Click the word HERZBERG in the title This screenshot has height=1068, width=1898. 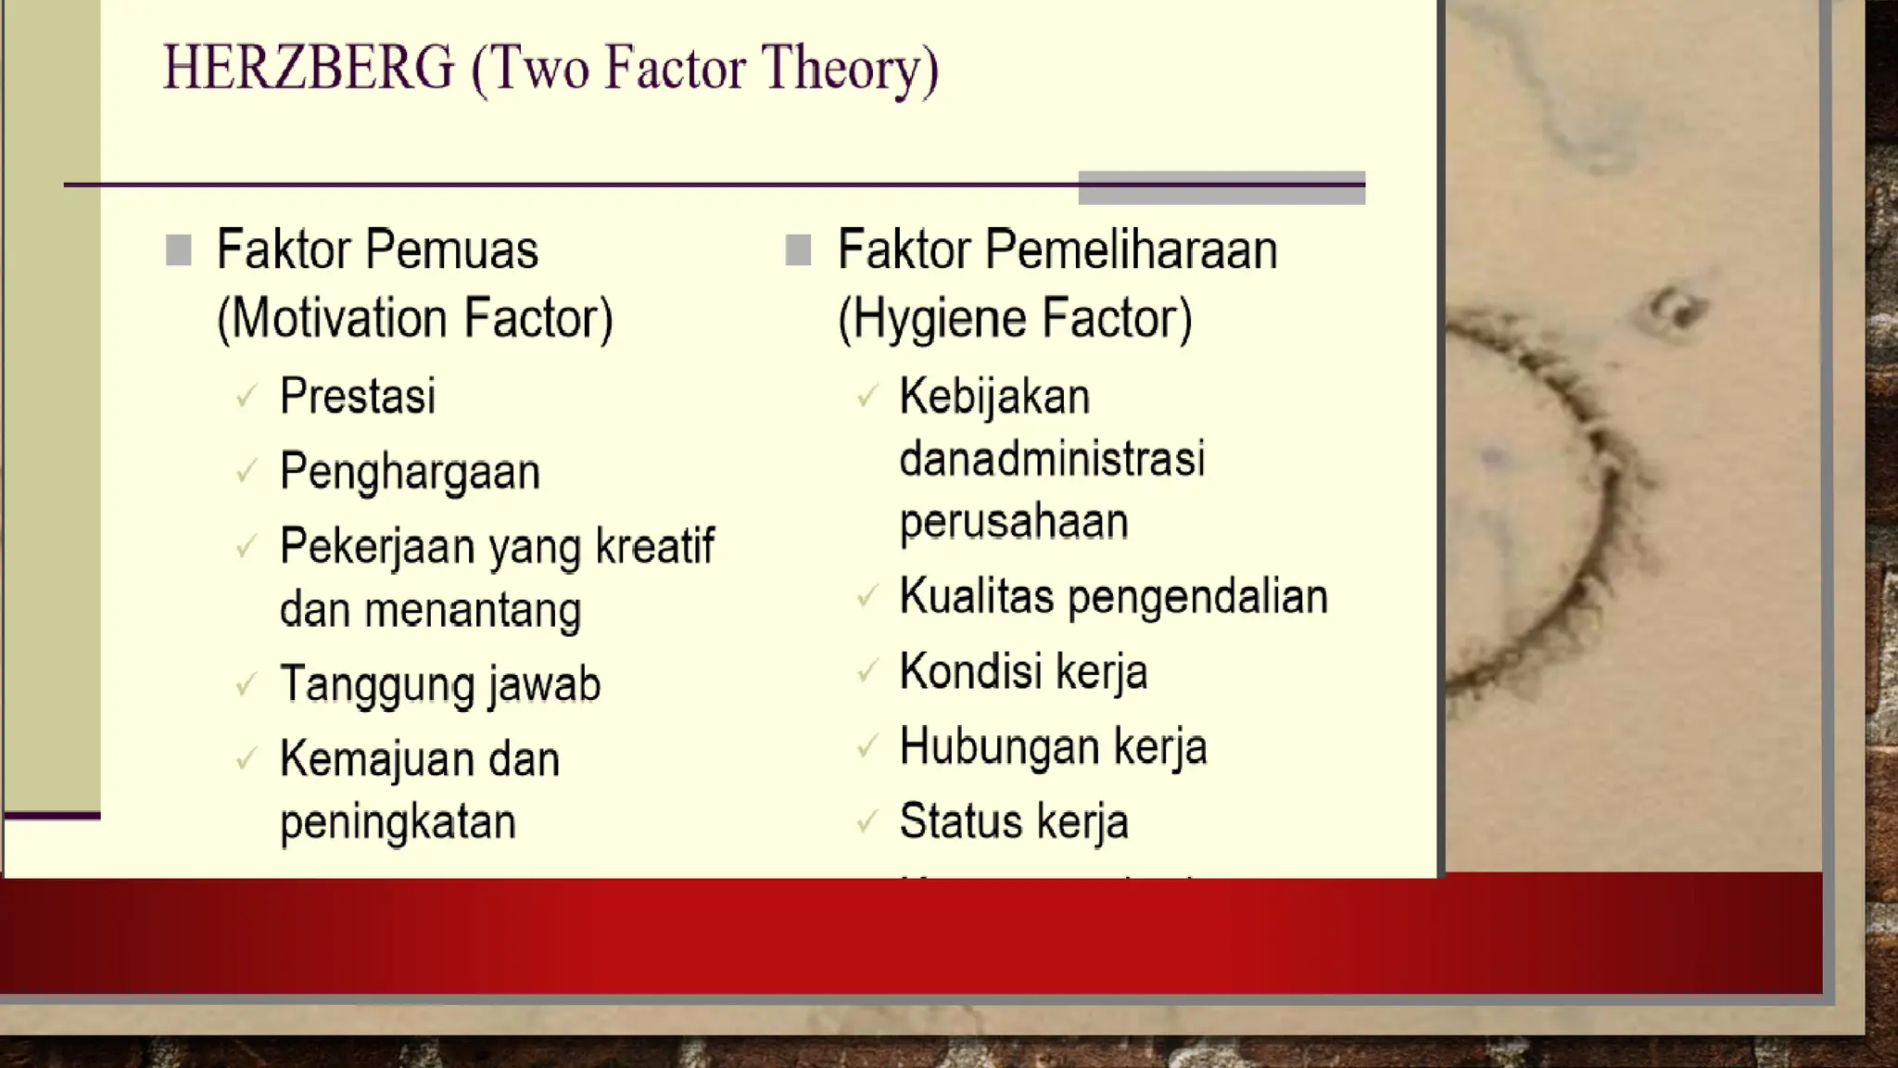click(x=310, y=68)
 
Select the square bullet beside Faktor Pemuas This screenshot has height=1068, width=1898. click(x=178, y=250)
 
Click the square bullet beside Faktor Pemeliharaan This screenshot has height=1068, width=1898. click(x=798, y=250)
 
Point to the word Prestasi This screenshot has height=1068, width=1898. click(x=358, y=397)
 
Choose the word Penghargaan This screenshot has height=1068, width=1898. click(x=410, y=473)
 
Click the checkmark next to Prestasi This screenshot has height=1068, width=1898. click(x=247, y=397)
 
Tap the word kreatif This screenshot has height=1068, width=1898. click(x=654, y=546)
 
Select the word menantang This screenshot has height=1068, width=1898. click(x=473, y=610)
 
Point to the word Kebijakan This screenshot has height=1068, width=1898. click(x=994, y=397)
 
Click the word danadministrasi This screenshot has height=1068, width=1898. click(x=1052, y=459)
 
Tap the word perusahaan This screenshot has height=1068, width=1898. click(x=1014, y=522)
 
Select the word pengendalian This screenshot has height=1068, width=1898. click(x=1197, y=597)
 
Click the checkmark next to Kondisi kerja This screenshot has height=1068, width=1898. click(x=867, y=671)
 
